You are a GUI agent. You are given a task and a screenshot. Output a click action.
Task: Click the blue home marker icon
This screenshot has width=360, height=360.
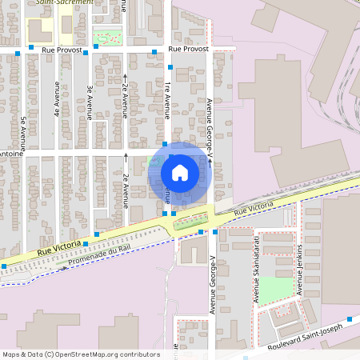[x=180, y=172]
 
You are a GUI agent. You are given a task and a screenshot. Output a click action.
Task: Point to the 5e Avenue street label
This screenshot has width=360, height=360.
[x=24, y=132]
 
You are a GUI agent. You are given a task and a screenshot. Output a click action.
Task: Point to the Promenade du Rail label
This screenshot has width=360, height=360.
[x=98, y=256]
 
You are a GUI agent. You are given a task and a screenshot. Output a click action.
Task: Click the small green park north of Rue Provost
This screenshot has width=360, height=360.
[x=108, y=36]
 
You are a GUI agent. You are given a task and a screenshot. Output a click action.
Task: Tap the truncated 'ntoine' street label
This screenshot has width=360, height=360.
[x=10, y=153]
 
